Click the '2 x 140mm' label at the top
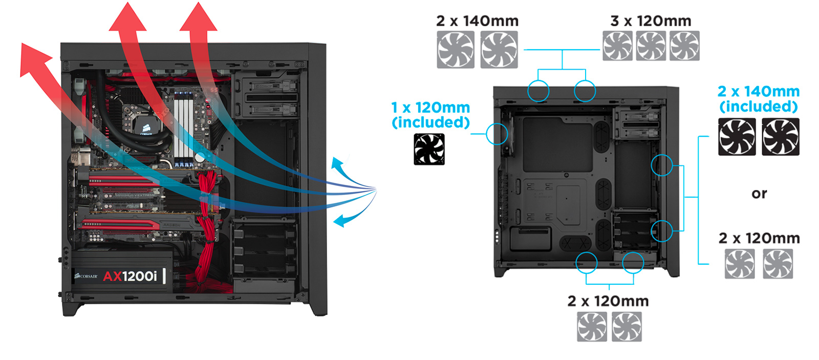(477, 21)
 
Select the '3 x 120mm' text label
(651, 21)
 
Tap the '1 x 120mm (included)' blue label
(430, 115)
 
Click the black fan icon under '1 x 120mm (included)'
(429, 150)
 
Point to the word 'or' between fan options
(759, 194)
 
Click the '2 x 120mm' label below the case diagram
(608, 301)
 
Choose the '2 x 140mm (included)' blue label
(758, 99)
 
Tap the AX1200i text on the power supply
(130, 276)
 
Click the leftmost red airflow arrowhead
(33, 59)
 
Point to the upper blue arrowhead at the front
(337, 164)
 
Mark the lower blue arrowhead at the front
(340, 221)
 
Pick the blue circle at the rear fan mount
(497, 134)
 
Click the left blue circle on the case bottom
(586, 262)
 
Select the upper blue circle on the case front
(661, 165)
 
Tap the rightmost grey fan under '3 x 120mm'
(684, 46)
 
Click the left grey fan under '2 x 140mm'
(455, 50)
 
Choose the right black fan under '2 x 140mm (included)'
(780, 137)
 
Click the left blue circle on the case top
(538, 91)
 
